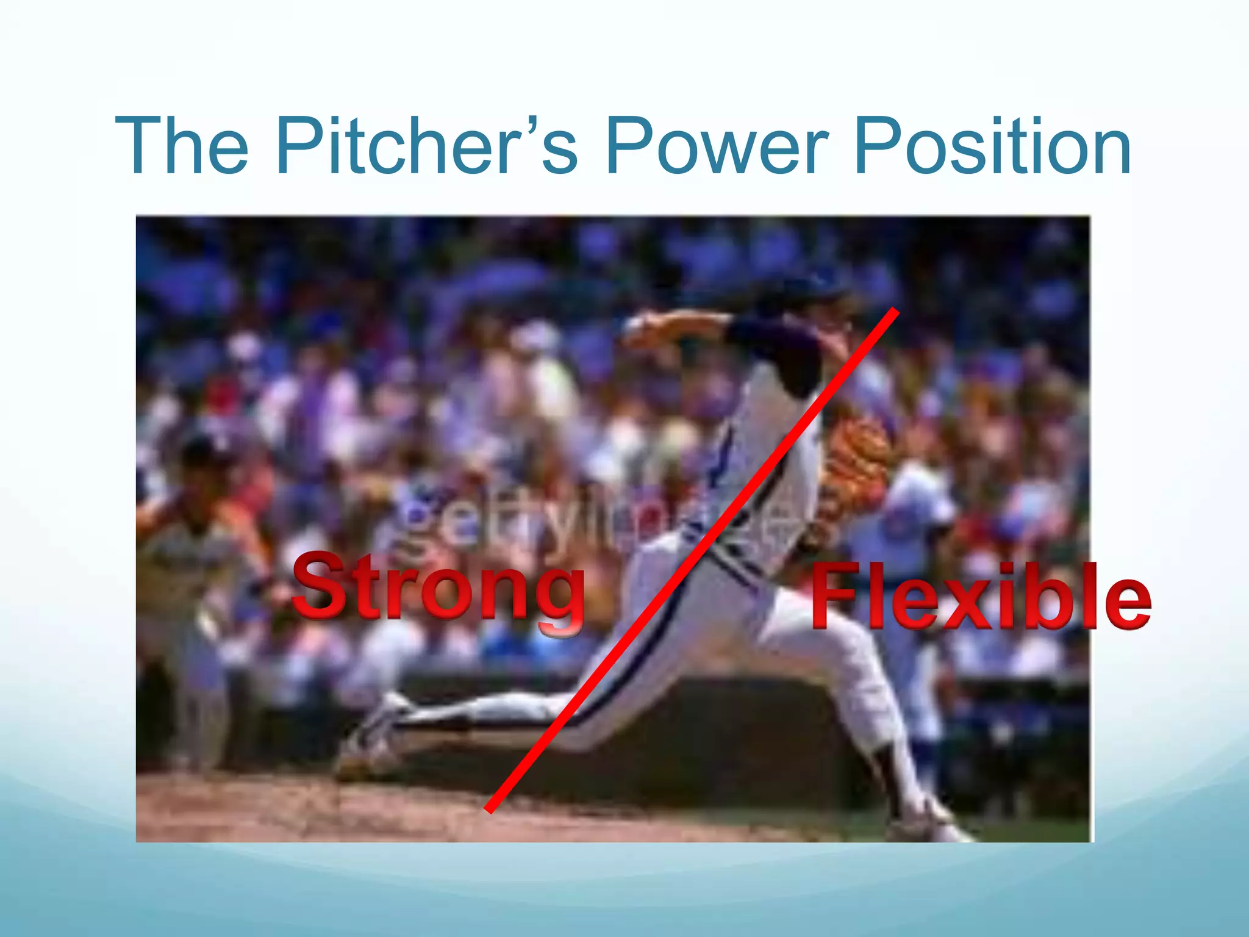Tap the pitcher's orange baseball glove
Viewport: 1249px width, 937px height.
point(854,458)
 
